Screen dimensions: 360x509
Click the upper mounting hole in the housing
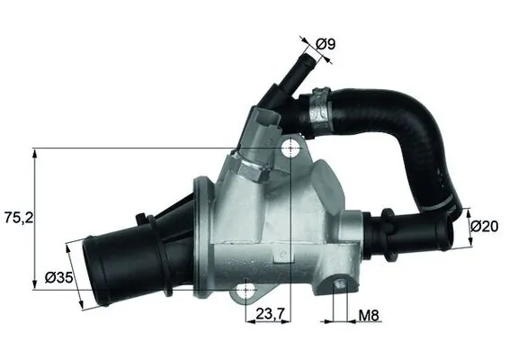(290, 148)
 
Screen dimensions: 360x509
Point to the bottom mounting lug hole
(245, 292)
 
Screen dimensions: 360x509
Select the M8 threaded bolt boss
(340, 286)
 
